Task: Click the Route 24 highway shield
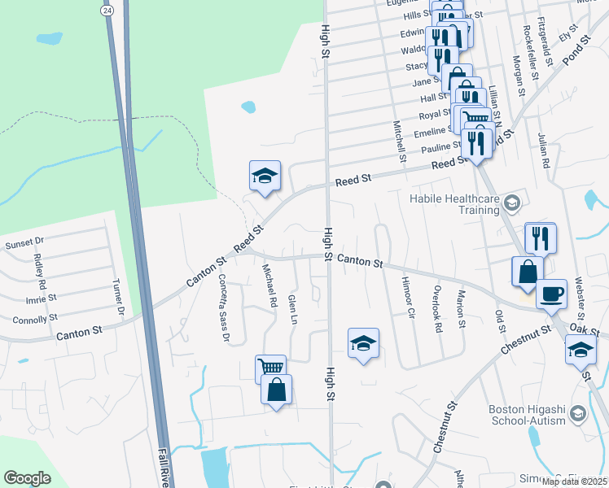107,10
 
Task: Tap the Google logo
27,478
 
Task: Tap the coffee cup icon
552,293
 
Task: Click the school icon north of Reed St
265,176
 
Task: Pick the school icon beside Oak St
581,349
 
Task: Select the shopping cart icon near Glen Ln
269,368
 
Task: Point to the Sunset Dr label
24,242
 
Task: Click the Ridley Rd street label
38,270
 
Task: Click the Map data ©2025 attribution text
575,481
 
